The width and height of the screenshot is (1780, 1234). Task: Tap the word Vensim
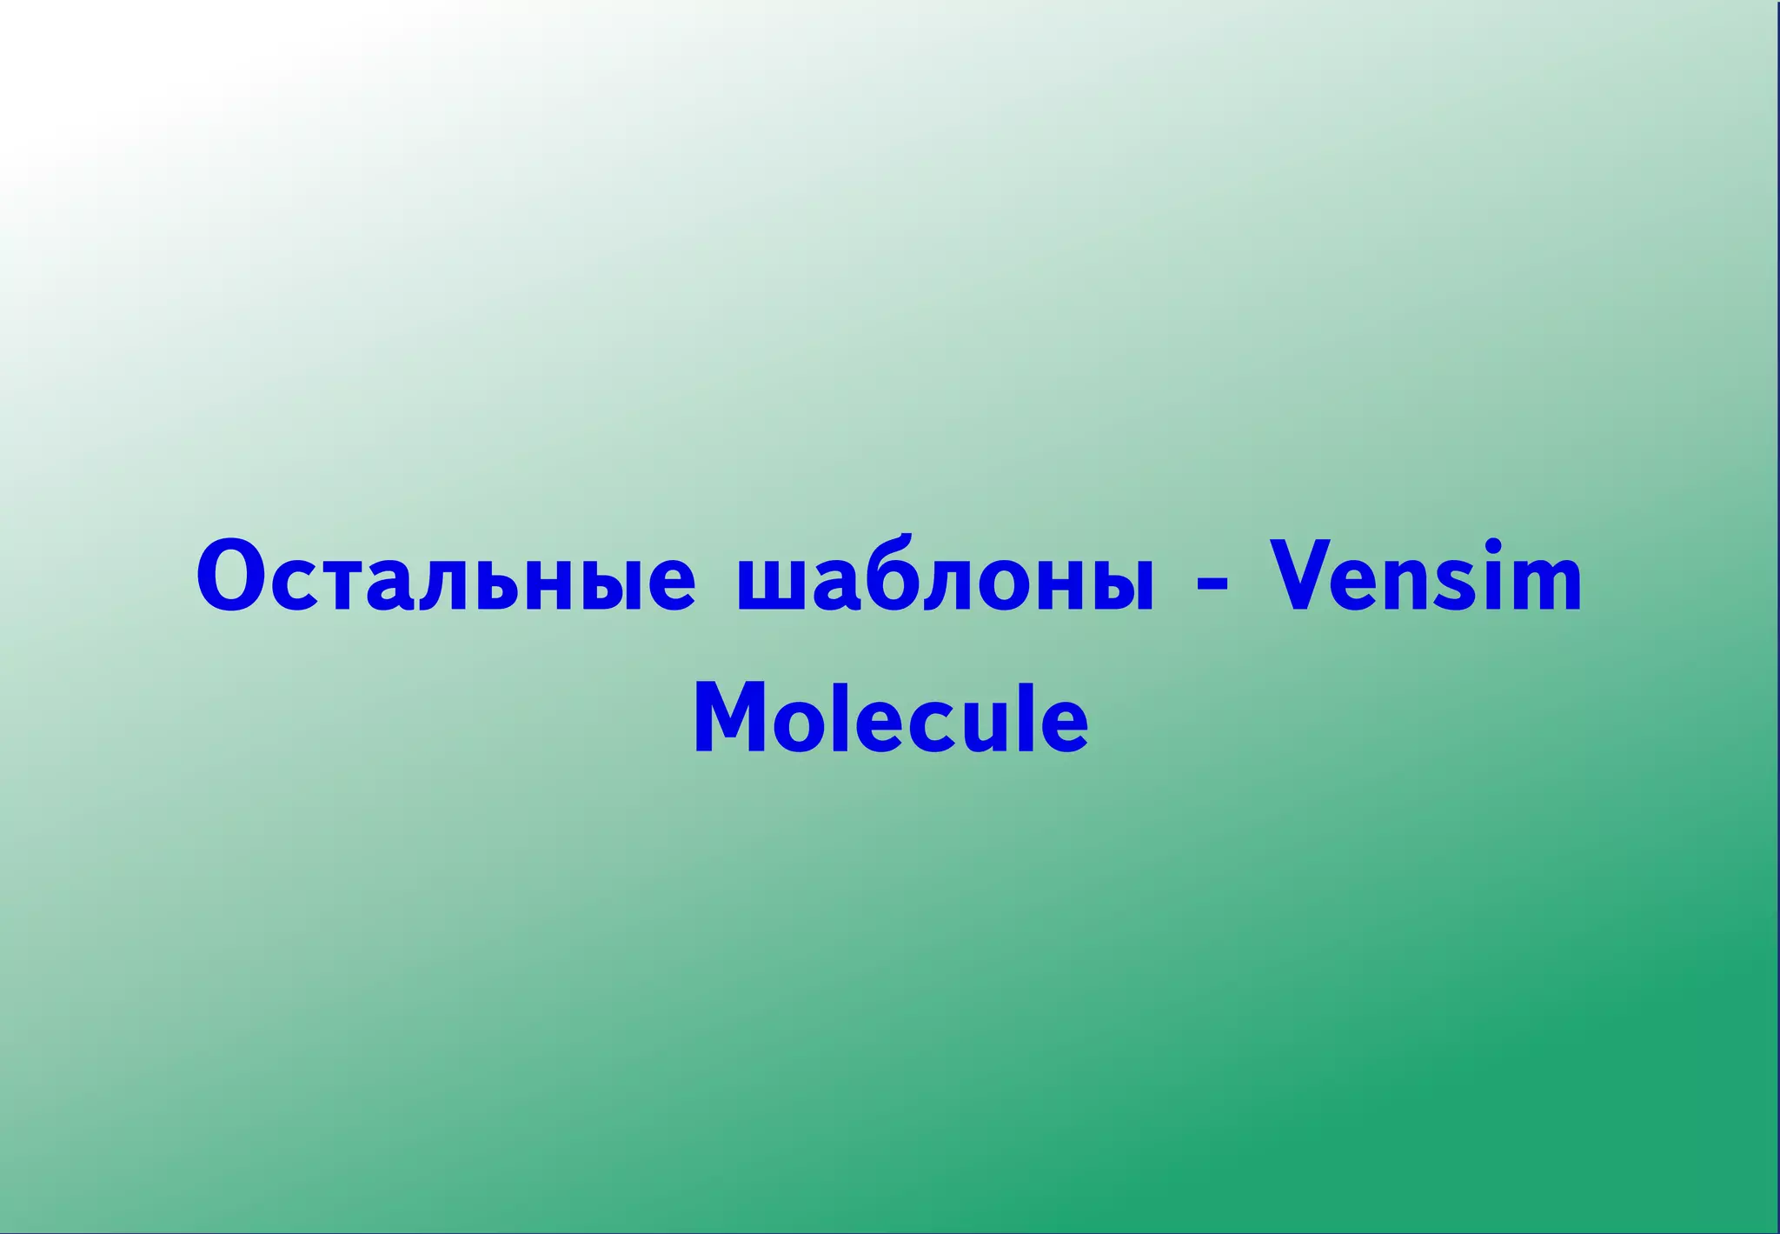tap(1425, 577)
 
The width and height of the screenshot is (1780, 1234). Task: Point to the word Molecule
tap(891, 717)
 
